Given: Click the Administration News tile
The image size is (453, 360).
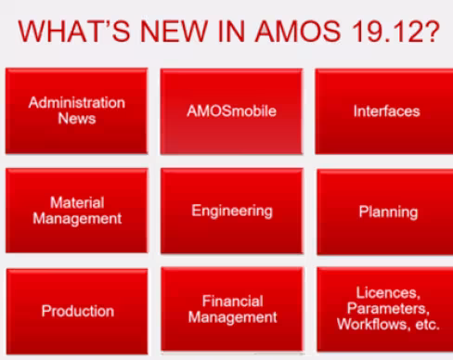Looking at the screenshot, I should (76, 109).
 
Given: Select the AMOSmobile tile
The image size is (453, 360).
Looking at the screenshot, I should (231, 110).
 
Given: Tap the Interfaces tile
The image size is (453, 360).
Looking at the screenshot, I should (386, 110).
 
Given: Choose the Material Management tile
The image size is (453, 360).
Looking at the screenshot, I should (76, 211).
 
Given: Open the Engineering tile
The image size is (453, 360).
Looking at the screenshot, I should (231, 211).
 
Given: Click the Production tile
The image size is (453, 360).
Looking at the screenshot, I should (77, 311).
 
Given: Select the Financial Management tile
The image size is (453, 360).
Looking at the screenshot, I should (232, 310).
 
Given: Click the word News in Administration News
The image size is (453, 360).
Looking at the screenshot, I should (76, 119).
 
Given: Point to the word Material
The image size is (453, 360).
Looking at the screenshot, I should (77, 202).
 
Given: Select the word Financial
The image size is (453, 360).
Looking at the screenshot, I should (232, 302).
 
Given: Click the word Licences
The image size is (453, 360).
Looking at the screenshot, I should (386, 291).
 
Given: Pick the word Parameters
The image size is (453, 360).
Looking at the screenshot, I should (386, 308).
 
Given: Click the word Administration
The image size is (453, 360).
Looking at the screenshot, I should (76, 102).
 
